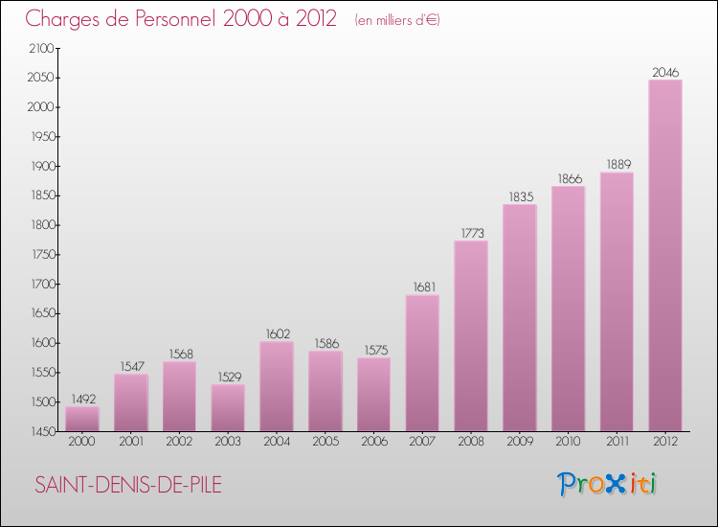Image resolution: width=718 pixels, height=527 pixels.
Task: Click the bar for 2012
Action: tap(665, 256)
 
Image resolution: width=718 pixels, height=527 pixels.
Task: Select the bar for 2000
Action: tap(82, 419)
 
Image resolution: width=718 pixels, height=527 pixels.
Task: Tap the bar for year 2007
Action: tap(422, 363)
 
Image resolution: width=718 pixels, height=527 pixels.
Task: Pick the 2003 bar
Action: tap(228, 408)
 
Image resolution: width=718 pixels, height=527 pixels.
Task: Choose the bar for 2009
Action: tap(520, 318)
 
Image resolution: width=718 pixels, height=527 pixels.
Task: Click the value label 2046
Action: tap(665, 72)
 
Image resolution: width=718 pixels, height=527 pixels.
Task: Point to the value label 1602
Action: tap(277, 333)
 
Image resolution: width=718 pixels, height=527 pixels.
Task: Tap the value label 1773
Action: tap(471, 233)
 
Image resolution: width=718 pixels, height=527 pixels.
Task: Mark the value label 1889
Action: tap(617, 164)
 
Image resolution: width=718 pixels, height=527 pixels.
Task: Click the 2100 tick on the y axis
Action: tap(42, 48)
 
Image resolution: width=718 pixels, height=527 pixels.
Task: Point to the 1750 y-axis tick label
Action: tap(42, 255)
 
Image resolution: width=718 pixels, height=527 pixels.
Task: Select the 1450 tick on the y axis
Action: tap(42, 432)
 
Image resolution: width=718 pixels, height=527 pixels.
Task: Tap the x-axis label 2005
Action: tap(325, 443)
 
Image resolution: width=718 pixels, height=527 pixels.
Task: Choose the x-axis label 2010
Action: tap(568, 443)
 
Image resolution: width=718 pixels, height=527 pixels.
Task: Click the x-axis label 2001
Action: tap(130, 443)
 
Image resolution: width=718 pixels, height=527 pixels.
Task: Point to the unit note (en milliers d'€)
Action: tap(396, 20)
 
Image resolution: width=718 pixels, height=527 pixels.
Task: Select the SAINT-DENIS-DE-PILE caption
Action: tap(128, 486)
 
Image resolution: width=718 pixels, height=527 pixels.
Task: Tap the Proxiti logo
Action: tap(607, 484)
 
